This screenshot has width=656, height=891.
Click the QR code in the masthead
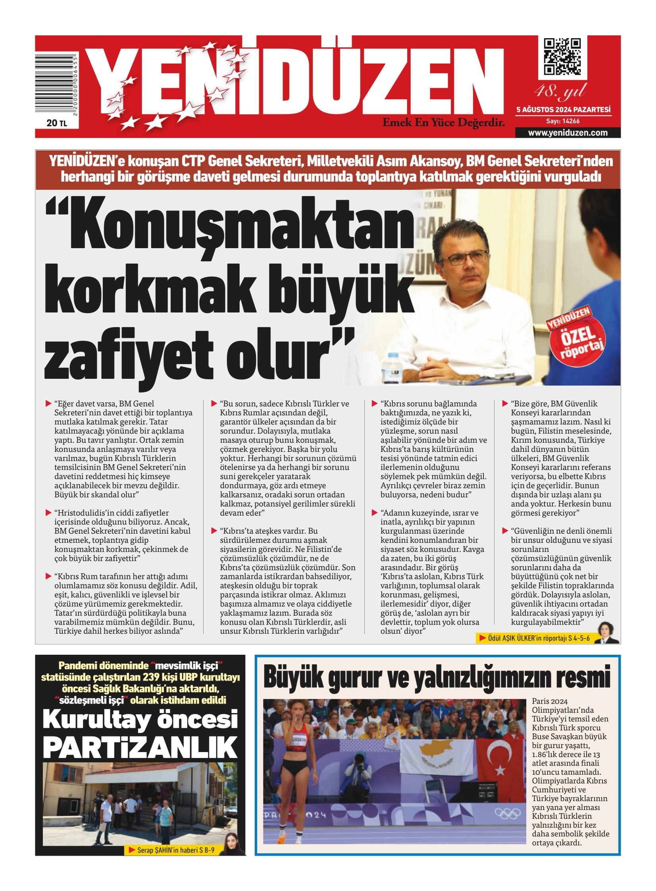point(562,57)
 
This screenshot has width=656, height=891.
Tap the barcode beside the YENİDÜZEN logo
point(56,85)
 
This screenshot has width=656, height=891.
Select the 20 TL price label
point(56,123)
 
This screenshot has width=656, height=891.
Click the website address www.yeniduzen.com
point(568,133)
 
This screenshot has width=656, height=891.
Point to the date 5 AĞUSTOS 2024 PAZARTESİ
point(563,110)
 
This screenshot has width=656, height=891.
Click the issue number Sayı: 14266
point(563,121)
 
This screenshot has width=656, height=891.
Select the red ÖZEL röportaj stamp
point(575,337)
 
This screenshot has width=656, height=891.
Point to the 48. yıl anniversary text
point(560,92)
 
